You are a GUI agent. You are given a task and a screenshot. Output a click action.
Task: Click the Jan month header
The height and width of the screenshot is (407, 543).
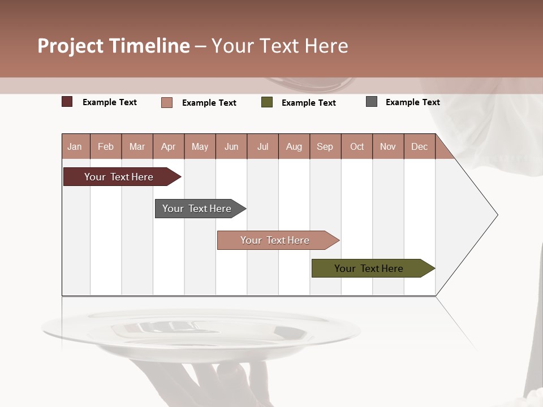75,146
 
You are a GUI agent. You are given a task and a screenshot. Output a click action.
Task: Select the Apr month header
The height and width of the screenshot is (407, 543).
168,146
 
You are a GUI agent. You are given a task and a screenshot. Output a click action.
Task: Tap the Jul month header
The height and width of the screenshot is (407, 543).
262,146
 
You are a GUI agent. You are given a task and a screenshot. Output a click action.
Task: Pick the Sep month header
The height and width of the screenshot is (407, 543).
325,146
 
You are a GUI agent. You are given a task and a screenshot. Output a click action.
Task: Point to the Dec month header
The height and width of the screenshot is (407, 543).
419,146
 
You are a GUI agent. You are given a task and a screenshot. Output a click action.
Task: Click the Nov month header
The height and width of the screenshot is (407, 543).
387,146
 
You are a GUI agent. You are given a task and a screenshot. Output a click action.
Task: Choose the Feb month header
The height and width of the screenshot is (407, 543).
106,146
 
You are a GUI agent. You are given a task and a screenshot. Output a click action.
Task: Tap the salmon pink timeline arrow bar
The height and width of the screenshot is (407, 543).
275,240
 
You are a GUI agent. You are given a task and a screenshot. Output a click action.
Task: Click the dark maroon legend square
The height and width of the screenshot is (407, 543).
67,102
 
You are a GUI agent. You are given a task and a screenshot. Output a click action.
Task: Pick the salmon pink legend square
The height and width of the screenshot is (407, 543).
166,102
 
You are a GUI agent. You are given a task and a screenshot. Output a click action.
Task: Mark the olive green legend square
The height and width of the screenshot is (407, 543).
266,102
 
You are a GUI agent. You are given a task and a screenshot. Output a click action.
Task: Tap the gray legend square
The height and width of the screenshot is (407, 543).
371,102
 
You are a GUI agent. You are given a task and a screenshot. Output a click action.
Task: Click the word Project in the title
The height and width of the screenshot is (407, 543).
70,46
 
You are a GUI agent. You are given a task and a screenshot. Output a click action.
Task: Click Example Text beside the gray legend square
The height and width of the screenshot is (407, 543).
412,102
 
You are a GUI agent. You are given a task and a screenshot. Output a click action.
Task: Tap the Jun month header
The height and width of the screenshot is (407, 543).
231,146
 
